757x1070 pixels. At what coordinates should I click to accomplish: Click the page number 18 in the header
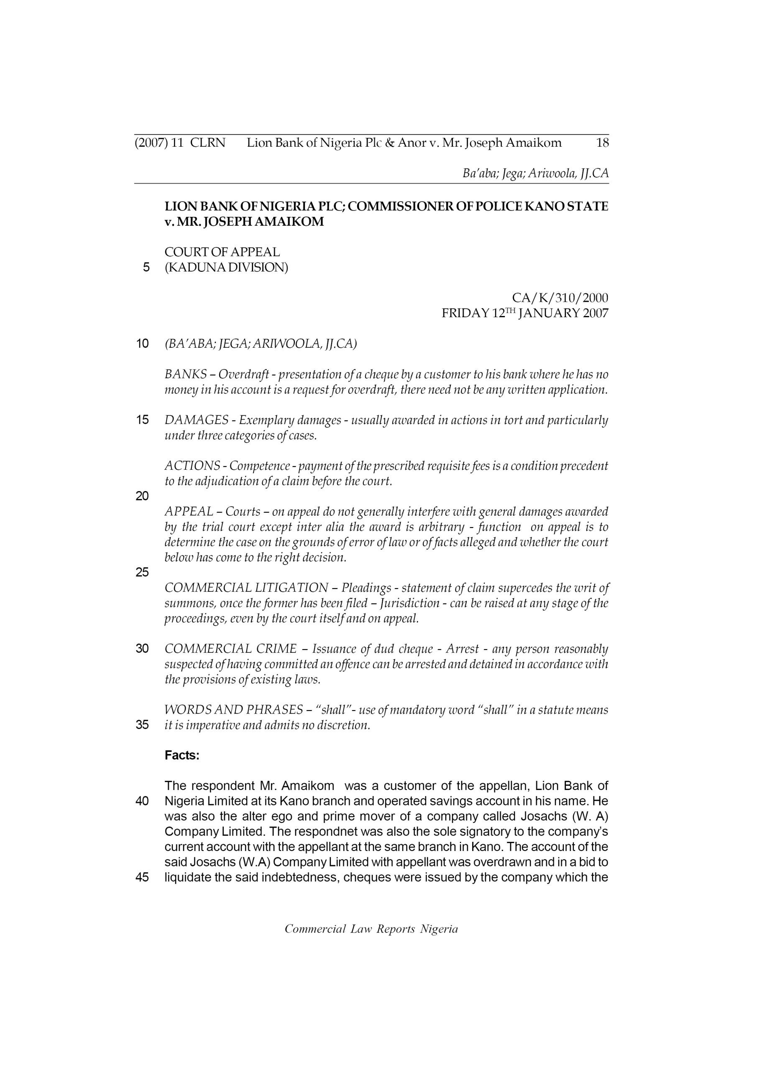pyautogui.click(x=602, y=143)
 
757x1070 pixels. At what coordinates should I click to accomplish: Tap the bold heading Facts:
pyautogui.click(x=182, y=755)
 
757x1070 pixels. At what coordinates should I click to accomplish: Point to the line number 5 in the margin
pyautogui.click(x=146, y=267)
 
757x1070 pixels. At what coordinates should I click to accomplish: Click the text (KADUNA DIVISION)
pyautogui.click(x=226, y=268)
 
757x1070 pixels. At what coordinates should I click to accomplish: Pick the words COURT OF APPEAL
pyautogui.click(x=222, y=252)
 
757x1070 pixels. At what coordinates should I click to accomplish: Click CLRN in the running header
pyautogui.click(x=207, y=143)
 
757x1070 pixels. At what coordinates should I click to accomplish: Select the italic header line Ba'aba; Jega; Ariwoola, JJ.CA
pyautogui.click(x=535, y=174)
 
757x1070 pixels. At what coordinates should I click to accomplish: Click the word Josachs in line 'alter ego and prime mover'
pyautogui.click(x=542, y=816)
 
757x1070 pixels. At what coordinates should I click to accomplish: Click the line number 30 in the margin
pyautogui.click(x=142, y=649)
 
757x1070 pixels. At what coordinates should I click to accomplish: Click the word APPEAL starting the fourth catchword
pyautogui.click(x=189, y=512)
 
